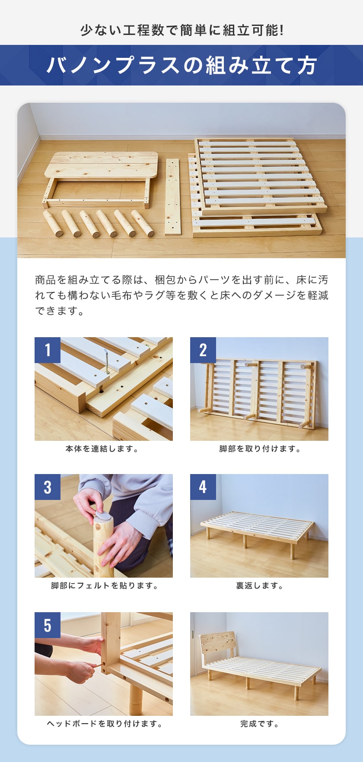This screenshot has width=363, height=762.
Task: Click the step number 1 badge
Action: [x=48, y=350]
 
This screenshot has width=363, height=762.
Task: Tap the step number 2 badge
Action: [x=203, y=350]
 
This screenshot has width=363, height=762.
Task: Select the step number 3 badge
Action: [x=48, y=487]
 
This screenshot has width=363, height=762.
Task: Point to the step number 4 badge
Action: [x=203, y=487]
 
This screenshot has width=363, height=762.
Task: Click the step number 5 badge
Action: [x=48, y=625]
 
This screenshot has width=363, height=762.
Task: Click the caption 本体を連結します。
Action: [x=103, y=449]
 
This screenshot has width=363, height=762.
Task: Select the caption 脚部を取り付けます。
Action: [x=259, y=449]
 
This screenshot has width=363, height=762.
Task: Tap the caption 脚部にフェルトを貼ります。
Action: [x=104, y=586]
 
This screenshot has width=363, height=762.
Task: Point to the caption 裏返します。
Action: [x=259, y=586]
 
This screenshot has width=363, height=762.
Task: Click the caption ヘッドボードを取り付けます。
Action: [x=104, y=724]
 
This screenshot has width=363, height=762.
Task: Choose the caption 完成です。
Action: [x=259, y=724]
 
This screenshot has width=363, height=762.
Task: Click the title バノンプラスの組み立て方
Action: [x=181, y=66]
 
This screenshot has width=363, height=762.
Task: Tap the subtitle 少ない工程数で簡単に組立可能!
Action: [x=181, y=31]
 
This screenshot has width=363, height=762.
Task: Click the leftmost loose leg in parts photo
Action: [x=53, y=223]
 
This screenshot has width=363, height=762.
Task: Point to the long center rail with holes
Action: [x=172, y=196]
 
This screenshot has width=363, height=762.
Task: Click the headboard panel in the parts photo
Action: [x=102, y=165]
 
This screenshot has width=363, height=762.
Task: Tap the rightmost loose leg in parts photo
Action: [x=143, y=223]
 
